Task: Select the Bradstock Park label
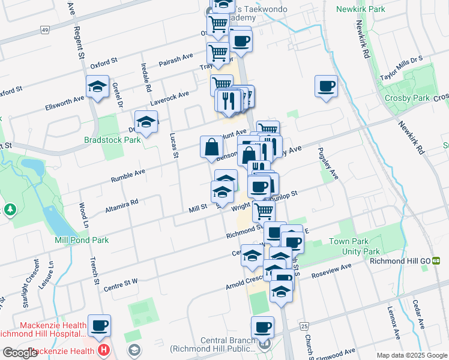click(x=112, y=140)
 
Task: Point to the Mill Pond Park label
click(x=81, y=239)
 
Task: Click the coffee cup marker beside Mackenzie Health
click(x=100, y=326)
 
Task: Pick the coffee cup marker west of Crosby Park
click(x=326, y=86)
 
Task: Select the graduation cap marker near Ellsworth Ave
click(x=97, y=87)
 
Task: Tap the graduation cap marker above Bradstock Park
click(x=146, y=122)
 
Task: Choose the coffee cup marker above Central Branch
click(x=262, y=328)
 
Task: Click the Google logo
click(x=19, y=353)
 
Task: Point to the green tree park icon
click(x=10, y=209)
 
